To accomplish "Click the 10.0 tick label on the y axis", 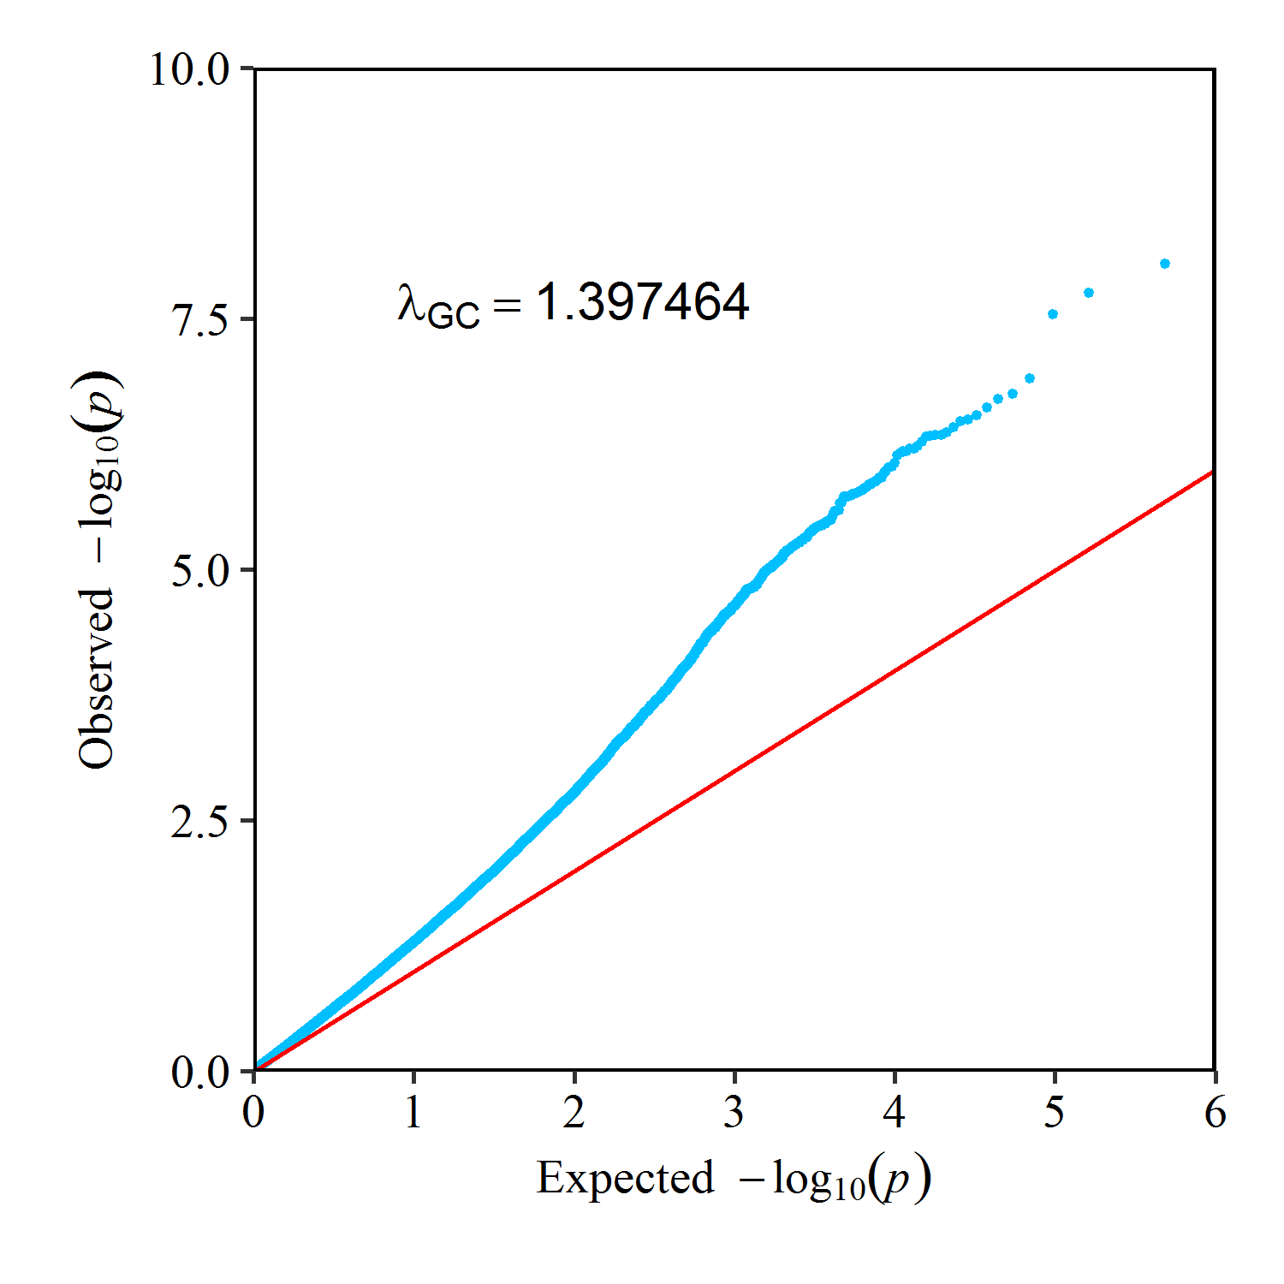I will click(190, 69).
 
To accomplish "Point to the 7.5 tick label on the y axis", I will click(200, 319).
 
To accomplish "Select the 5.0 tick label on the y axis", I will click(200, 571).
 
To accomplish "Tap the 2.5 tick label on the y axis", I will click(200, 821).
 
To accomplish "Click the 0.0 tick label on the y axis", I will click(200, 1072).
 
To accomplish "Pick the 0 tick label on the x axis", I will click(253, 1112).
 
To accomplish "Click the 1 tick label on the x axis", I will click(413, 1112).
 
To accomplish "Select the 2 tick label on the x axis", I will click(574, 1112).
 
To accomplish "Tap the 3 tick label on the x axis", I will click(734, 1112).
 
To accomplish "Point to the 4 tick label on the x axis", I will click(894, 1112).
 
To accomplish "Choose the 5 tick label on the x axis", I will click(1054, 1112).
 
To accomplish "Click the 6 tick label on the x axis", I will click(1215, 1112).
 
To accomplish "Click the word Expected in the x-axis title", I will click(625, 1178).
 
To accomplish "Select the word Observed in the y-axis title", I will click(96, 678).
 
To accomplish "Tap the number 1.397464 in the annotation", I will click(642, 302).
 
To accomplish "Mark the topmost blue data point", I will click(1165, 264).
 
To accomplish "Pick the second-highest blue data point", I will click(1089, 293).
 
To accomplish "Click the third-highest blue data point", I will click(1053, 314).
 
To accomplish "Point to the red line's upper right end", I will click(1212, 472).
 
